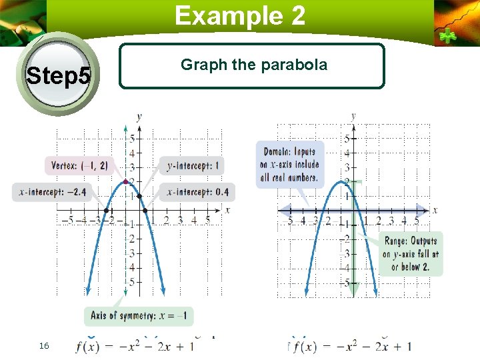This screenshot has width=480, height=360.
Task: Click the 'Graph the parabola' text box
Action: click(x=252, y=66)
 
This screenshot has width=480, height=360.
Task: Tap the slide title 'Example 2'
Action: click(x=240, y=15)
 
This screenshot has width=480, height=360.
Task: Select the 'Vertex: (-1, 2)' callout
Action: click(x=78, y=165)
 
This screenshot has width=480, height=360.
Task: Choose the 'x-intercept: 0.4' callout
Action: click(x=197, y=192)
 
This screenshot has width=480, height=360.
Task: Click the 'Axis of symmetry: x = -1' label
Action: click(x=139, y=315)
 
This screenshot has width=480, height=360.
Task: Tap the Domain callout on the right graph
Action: click(x=291, y=164)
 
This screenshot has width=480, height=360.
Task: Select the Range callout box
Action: click(x=411, y=254)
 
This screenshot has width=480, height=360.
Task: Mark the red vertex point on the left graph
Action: click(x=125, y=181)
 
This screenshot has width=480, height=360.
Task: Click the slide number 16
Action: click(x=44, y=345)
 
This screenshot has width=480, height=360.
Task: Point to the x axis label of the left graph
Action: click(x=227, y=210)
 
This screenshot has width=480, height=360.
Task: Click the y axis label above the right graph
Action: click(x=353, y=117)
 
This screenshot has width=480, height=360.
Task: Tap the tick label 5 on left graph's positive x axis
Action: click(x=207, y=221)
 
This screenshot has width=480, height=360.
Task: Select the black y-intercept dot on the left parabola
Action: click(x=139, y=196)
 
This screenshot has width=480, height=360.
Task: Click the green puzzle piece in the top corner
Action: click(x=445, y=35)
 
